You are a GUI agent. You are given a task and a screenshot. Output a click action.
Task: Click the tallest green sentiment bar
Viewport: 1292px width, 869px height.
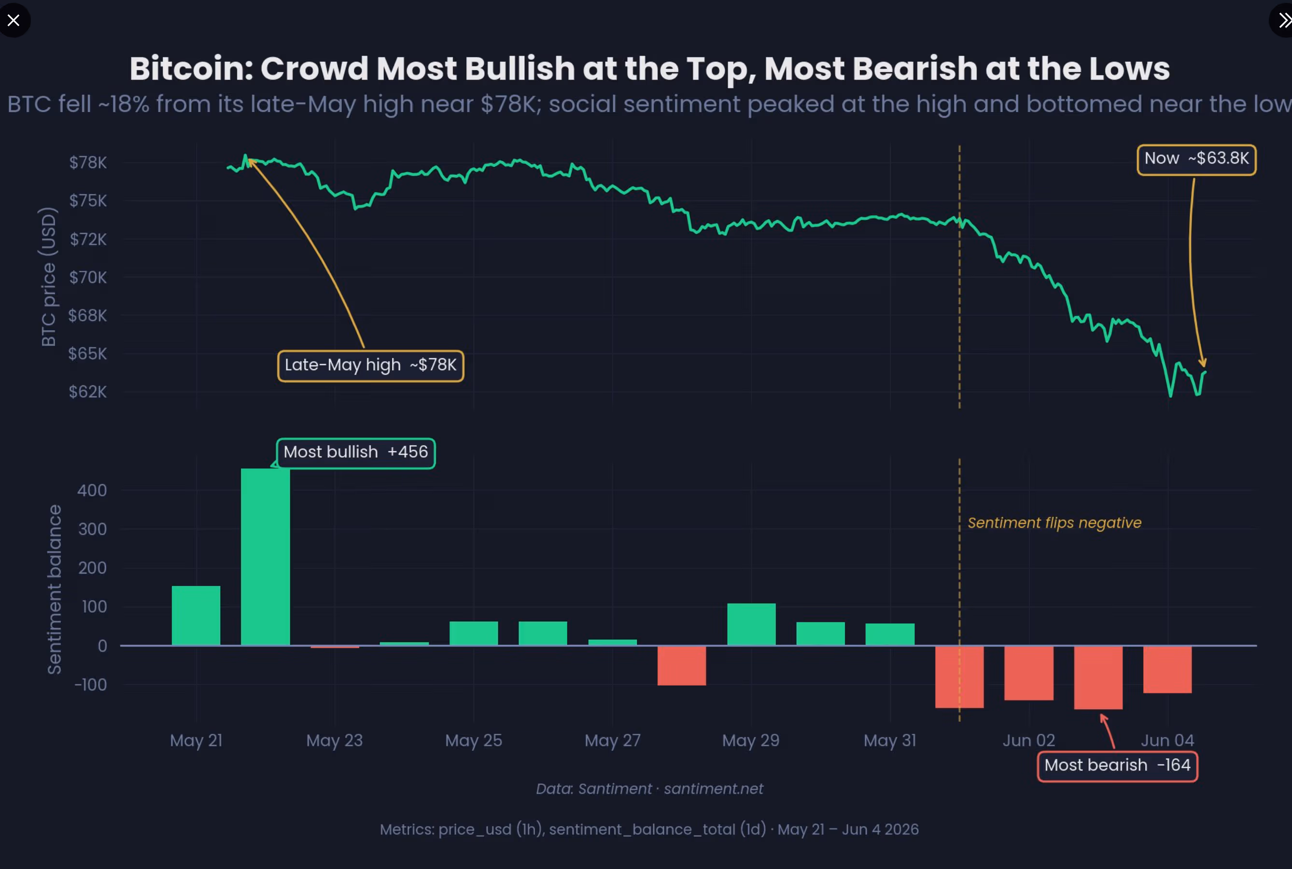click(x=265, y=557)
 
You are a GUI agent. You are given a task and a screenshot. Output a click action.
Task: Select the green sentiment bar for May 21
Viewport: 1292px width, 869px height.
click(x=196, y=615)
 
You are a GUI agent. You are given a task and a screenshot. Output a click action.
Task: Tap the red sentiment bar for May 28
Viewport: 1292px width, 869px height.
click(x=682, y=666)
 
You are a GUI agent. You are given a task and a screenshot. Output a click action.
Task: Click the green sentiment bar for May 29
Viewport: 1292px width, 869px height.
click(x=751, y=624)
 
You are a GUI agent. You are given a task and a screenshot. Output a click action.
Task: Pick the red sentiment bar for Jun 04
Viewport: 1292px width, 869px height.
click(x=1167, y=670)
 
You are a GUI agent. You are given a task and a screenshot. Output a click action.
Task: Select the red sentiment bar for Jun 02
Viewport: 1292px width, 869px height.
click(x=1029, y=673)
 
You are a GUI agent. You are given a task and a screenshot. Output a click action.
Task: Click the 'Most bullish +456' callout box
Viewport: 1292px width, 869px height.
click(x=356, y=453)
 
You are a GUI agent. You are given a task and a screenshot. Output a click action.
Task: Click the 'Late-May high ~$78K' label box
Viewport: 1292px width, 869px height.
click(x=371, y=366)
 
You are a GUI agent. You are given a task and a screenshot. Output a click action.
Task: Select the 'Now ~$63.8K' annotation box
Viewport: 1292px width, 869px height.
click(x=1197, y=160)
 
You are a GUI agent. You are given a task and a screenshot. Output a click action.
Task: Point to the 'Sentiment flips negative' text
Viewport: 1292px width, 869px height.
click(x=1054, y=523)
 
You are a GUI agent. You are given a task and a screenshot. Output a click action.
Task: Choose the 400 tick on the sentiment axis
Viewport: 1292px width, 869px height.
click(x=92, y=490)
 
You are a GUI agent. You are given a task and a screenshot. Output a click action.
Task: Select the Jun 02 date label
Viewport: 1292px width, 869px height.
click(x=1029, y=741)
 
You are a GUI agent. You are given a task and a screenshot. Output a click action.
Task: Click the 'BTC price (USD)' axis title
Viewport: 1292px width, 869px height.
click(x=49, y=277)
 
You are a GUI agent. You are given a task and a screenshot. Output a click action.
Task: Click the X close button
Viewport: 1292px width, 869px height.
click(x=14, y=20)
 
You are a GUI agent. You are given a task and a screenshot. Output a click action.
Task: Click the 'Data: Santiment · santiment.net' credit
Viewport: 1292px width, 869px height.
click(x=649, y=789)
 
